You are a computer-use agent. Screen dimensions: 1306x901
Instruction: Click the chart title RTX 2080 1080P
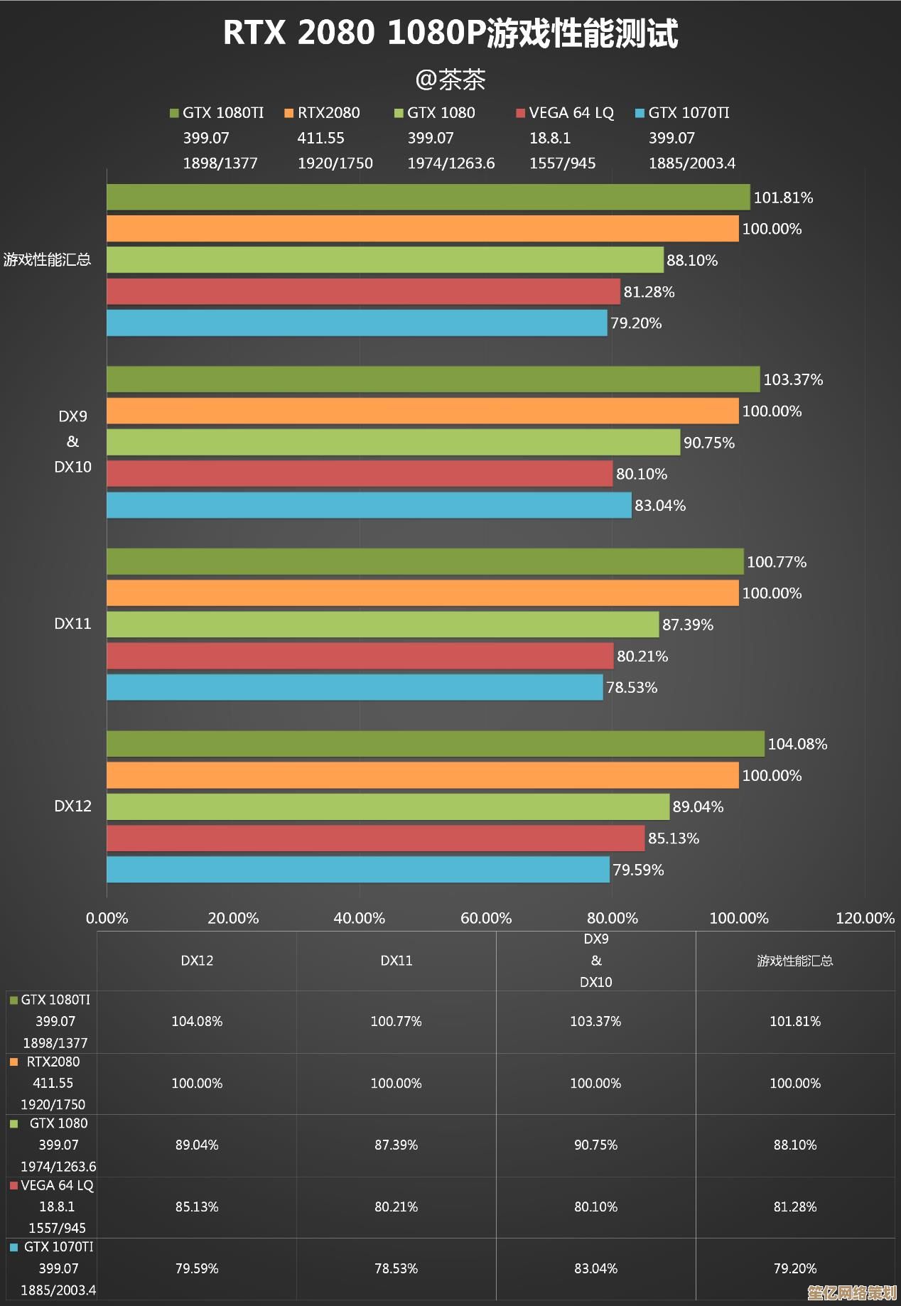tap(450, 33)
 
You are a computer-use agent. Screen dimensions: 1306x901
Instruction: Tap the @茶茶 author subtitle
tap(450, 80)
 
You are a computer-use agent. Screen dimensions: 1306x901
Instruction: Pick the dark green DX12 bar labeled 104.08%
tap(435, 744)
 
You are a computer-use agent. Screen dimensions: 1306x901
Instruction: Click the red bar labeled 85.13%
tap(375, 838)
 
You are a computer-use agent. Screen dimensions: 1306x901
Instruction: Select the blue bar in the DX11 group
tap(355, 687)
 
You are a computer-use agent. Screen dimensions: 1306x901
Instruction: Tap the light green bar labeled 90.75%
tap(393, 442)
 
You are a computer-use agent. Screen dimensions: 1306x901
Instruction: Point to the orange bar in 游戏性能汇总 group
tap(422, 229)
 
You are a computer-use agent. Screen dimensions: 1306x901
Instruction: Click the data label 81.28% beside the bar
tap(649, 292)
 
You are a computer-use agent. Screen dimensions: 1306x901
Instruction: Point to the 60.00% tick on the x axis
tap(486, 918)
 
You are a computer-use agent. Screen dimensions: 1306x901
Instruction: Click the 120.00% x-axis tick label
tap(865, 918)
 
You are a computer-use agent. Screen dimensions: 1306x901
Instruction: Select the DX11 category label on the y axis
tap(72, 624)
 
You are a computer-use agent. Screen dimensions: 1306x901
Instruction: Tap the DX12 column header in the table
tap(197, 961)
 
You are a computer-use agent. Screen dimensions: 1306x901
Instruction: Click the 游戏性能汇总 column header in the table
tap(794, 961)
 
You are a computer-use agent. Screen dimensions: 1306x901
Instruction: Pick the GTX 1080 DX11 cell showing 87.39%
tap(396, 1145)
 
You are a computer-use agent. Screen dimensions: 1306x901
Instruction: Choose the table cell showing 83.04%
tap(595, 1268)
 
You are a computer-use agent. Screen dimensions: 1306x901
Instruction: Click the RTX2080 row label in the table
tap(53, 1062)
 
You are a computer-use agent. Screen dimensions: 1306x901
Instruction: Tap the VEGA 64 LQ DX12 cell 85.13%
tap(197, 1207)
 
